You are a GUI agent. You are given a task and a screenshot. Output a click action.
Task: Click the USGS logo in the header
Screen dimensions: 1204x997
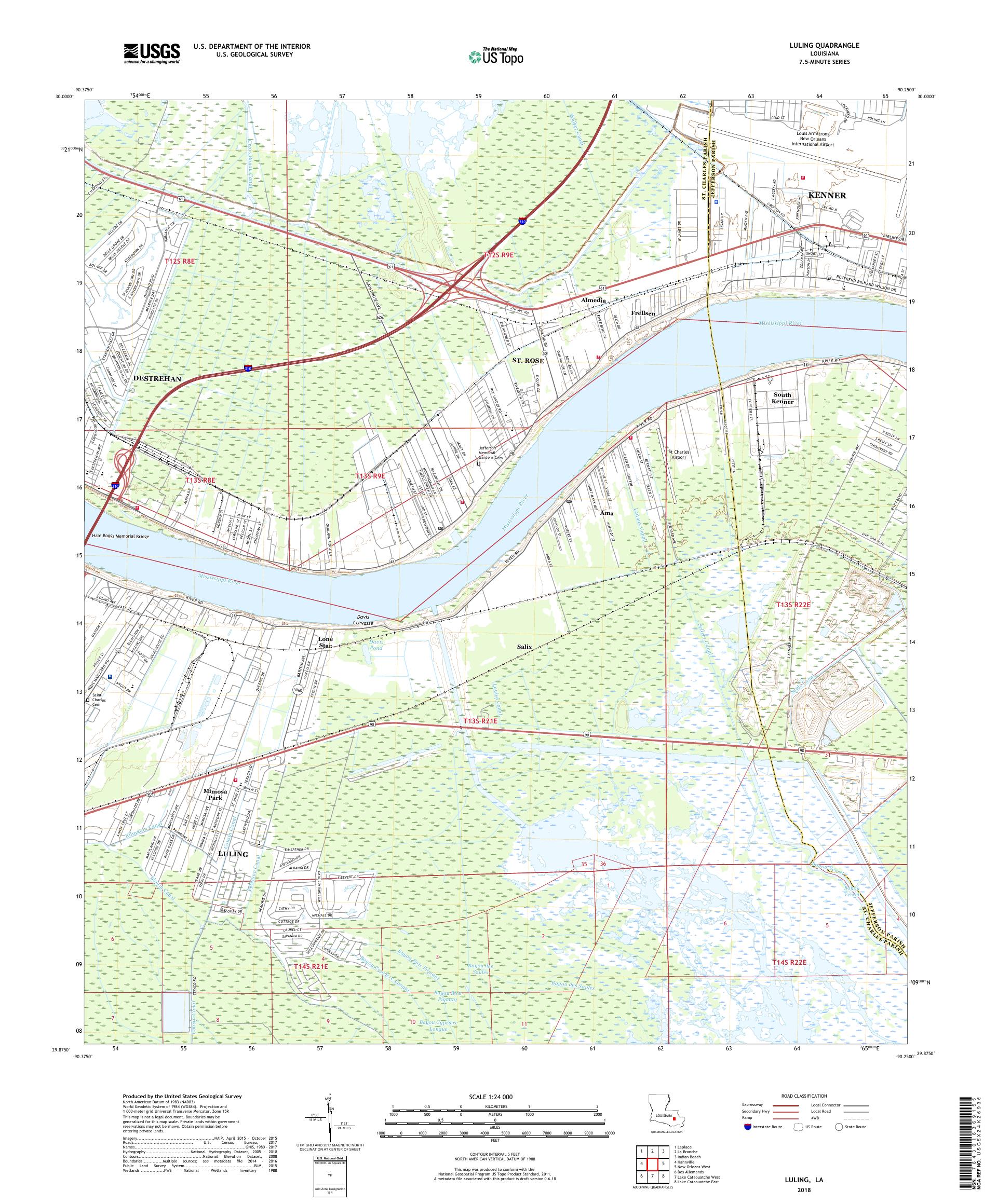point(152,53)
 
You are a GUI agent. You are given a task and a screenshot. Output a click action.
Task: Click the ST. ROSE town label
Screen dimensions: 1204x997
point(528,360)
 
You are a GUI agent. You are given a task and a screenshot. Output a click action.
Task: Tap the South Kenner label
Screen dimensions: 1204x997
point(783,398)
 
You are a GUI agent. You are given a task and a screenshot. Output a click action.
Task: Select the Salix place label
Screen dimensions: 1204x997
point(524,646)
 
